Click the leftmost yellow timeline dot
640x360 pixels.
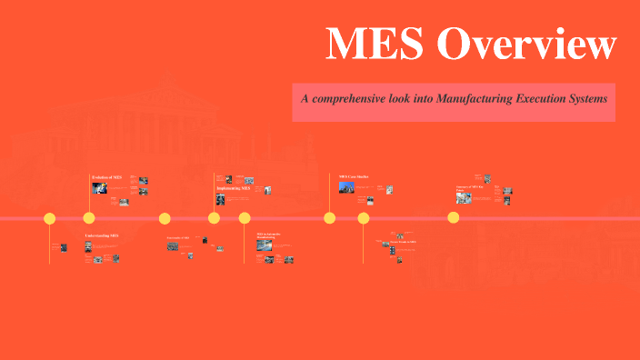[x=49, y=218]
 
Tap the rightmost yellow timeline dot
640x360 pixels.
[x=453, y=218]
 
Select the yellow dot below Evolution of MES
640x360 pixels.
[x=89, y=218]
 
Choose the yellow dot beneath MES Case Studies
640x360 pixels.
[x=330, y=218]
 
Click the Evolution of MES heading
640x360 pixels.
[x=105, y=175]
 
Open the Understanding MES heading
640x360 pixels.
[x=101, y=236]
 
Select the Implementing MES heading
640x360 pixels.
[x=233, y=187]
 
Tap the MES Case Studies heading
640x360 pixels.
[x=355, y=176]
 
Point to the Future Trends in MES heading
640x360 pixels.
[x=403, y=242]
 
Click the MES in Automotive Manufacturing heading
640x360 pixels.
[x=268, y=236]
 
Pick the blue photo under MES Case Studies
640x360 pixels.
[x=345, y=187]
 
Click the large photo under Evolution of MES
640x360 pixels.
[x=97, y=188]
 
